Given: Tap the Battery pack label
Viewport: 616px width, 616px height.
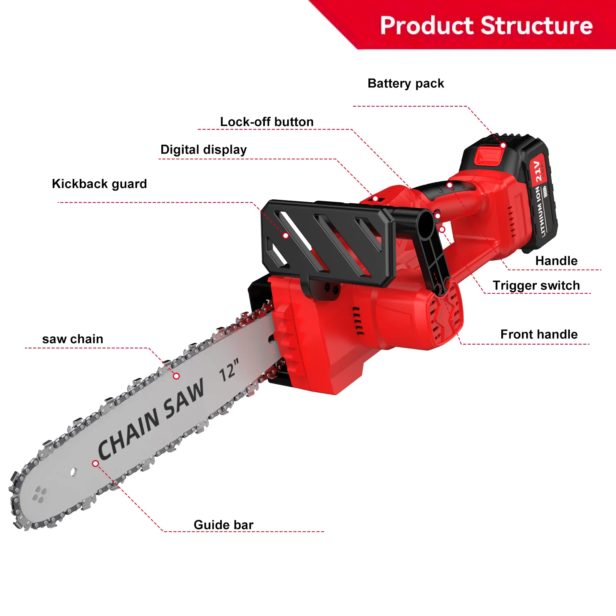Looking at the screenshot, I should pos(406,84).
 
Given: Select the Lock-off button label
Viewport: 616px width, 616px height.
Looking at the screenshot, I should pos(267,122).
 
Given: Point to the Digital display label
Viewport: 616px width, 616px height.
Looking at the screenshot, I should pos(204,150).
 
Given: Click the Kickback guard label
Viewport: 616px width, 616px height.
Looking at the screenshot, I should pos(99,184).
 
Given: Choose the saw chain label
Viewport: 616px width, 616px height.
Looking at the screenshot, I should pos(73,339).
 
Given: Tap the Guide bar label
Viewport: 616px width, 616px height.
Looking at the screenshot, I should pos(223,525).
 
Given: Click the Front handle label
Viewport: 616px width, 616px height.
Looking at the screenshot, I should pos(539,335).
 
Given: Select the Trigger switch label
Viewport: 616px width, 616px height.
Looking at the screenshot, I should pos(536,286).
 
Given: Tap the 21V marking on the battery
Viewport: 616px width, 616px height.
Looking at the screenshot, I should pos(538,171).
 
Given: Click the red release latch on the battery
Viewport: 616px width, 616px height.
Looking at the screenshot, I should pos(489,156).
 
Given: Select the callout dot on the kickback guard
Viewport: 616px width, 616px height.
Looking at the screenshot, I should pos(286,236).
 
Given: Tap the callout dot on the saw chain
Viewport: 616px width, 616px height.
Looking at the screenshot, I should pos(176,376).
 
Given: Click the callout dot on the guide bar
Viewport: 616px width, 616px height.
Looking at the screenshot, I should pos(95,464).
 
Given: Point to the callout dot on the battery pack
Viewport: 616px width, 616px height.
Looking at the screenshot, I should pos(503,145).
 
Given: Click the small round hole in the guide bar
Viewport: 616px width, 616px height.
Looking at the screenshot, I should pos(74,472).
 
